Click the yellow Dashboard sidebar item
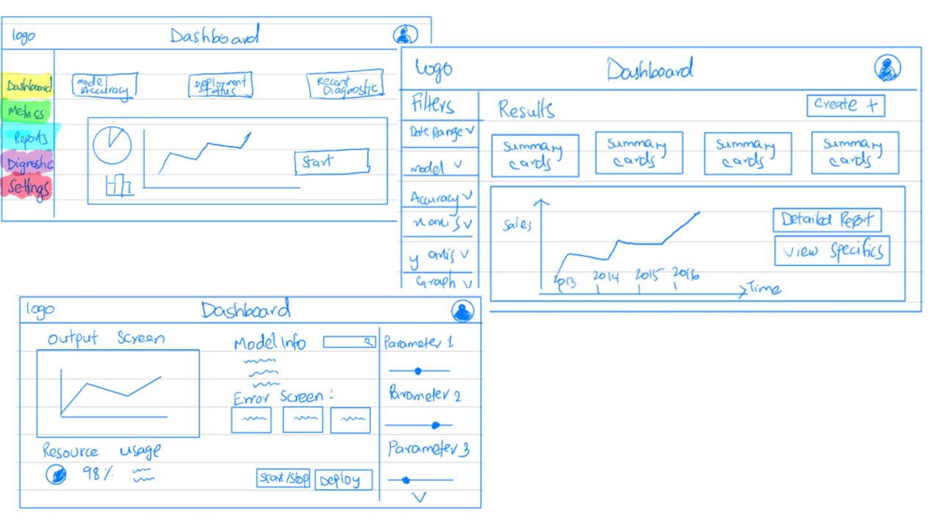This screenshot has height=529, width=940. pyautogui.click(x=29, y=86)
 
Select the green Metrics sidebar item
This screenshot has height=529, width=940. pyautogui.click(x=27, y=112)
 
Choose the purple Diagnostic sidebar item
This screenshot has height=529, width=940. pyautogui.click(x=29, y=163)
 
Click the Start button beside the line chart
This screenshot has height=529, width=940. pyautogui.click(x=331, y=162)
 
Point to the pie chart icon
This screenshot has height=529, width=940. pyautogui.click(x=112, y=145)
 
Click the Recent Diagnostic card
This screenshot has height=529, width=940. pyautogui.click(x=345, y=85)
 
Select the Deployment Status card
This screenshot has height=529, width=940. pyautogui.click(x=220, y=85)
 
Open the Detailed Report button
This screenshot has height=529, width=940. pyautogui.click(x=826, y=220)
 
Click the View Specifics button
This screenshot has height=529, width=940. pyautogui.click(x=832, y=251)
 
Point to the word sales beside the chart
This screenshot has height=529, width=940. pyautogui.click(x=517, y=225)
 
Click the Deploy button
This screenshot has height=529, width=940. pyautogui.click(x=344, y=480)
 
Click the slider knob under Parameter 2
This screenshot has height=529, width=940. pyautogui.click(x=435, y=425)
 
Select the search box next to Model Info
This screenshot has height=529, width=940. pyautogui.click(x=350, y=342)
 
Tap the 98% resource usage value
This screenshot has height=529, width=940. pyautogui.click(x=98, y=474)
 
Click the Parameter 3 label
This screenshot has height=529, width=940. pyautogui.click(x=428, y=449)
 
